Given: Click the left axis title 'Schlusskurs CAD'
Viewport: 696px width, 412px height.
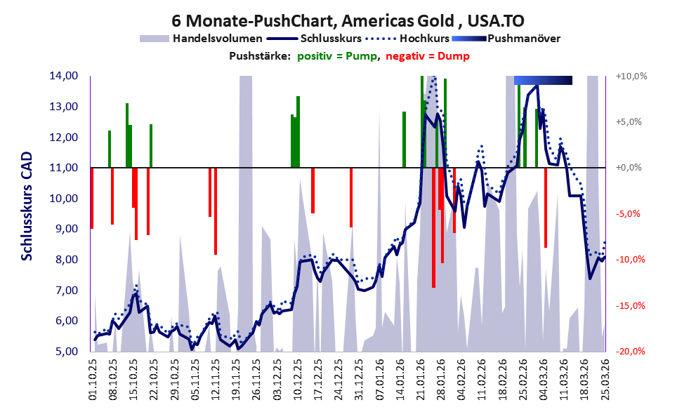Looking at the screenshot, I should click(x=27, y=214).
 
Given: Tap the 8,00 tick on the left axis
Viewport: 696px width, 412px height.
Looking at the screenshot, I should click(x=65, y=260).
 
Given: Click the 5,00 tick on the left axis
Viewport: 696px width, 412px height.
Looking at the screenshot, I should click(x=65, y=352).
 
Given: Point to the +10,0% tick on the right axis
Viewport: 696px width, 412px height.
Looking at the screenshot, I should click(x=631, y=76).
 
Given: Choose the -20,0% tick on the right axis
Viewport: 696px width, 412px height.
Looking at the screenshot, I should click(x=631, y=352).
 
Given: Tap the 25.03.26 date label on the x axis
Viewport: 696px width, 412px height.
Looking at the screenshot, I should click(x=605, y=378).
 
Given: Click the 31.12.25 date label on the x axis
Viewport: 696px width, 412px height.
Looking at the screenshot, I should click(x=358, y=378).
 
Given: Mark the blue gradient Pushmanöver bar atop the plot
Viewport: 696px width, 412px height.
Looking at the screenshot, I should click(x=543, y=80).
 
